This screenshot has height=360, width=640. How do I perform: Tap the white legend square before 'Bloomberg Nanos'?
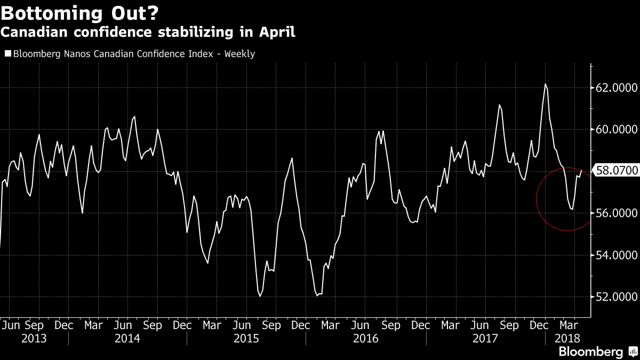point(7,53)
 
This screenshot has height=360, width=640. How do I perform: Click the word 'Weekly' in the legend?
point(239,54)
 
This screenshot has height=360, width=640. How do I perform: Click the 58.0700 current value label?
point(618,171)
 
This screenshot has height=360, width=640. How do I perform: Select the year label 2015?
point(246,338)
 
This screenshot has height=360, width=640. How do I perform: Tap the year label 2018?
point(567,338)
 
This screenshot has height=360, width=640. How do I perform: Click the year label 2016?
point(366,338)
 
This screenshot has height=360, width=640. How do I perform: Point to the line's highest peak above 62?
point(546,84)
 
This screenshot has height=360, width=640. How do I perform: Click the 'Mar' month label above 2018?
point(569,324)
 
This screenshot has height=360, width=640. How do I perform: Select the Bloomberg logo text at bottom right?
point(590,351)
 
